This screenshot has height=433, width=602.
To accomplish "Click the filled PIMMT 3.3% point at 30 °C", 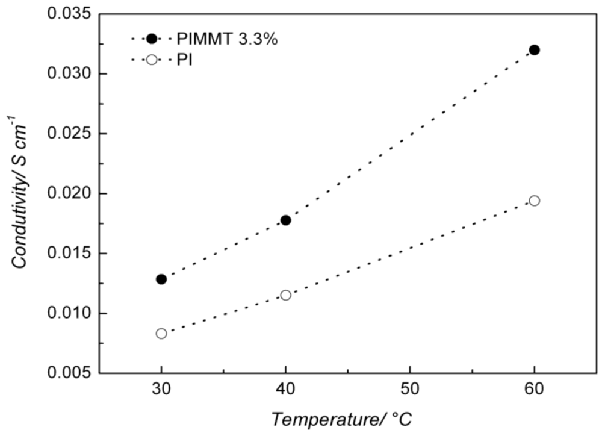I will pyautogui.click(x=161, y=279).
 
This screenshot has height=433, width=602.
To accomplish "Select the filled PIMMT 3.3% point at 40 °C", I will pyautogui.click(x=285, y=220).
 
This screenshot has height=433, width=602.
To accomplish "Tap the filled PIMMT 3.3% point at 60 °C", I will pyautogui.click(x=534, y=50).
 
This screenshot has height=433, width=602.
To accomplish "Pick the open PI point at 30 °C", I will pyautogui.click(x=161, y=333).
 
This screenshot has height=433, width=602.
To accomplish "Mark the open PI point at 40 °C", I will pyautogui.click(x=285, y=294).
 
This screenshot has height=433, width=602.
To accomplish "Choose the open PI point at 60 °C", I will pyautogui.click(x=534, y=201).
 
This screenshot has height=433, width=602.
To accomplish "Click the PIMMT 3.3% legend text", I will pyautogui.click(x=227, y=39).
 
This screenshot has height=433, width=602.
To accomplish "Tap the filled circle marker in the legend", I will pyautogui.click(x=152, y=39).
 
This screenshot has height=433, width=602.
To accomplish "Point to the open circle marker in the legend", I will pyautogui.click(x=152, y=60).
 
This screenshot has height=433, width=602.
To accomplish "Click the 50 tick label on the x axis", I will pyautogui.click(x=409, y=390).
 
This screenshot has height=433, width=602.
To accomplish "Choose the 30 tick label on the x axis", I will pyautogui.click(x=161, y=390).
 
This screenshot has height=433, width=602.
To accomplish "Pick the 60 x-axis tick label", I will pyautogui.click(x=534, y=390).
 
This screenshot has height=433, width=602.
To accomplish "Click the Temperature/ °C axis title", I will pyautogui.click(x=342, y=418).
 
